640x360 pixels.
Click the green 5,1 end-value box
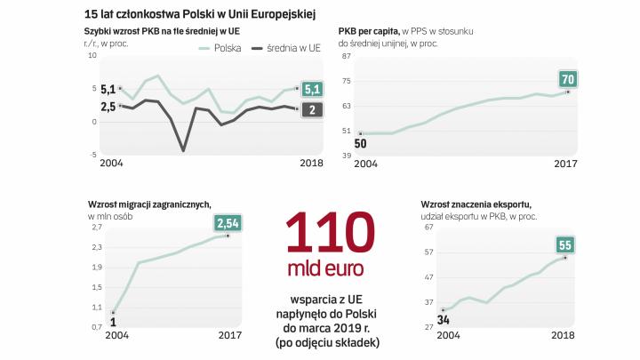click(x=313, y=89)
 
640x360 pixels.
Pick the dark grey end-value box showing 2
click(x=313, y=109)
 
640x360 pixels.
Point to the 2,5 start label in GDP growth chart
click(x=108, y=107)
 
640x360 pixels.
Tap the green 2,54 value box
click(x=228, y=222)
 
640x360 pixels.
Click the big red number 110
click(x=325, y=233)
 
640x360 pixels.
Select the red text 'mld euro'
click(x=325, y=268)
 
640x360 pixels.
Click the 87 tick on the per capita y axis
click(x=348, y=55)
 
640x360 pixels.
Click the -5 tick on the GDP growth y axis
click(x=92, y=154)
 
